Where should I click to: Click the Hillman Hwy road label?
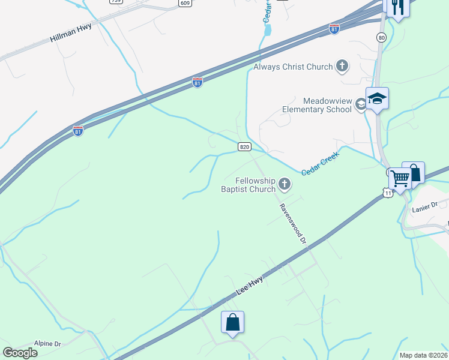[71, 37]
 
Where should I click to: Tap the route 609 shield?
[185, 3]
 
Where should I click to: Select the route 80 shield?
[381, 37]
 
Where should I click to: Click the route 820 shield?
[244, 146]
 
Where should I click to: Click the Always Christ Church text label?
[293, 67]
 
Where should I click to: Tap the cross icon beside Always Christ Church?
[342, 66]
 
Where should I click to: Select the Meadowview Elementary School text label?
[318, 106]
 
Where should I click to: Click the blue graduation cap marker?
[377, 99]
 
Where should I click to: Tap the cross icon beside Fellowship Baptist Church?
[285, 185]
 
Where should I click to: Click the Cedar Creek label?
[320, 163]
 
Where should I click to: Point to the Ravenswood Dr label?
[293, 224]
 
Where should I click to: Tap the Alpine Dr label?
[48, 344]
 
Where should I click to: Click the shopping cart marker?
[400, 178]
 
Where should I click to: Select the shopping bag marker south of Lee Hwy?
[232, 323]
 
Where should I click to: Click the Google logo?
[20, 352]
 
